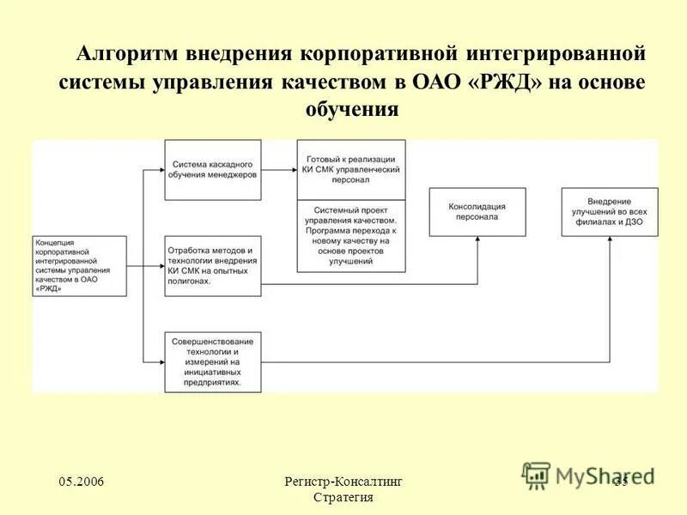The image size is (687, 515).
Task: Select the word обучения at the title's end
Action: [x=352, y=110]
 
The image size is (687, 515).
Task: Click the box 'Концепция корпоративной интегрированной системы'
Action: [x=79, y=266]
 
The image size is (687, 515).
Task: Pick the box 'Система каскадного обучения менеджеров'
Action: [x=213, y=169]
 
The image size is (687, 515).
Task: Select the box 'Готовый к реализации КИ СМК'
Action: [x=351, y=169]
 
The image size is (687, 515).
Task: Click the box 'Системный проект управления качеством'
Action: [x=351, y=236]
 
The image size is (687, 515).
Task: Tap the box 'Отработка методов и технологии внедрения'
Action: [x=213, y=265]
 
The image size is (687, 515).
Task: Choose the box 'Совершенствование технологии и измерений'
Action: [x=213, y=361]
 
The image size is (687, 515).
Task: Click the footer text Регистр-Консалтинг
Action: [x=343, y=482]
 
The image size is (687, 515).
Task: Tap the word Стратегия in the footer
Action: [x=343, y=499]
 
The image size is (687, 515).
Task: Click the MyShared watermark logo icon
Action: [x=536, y=475]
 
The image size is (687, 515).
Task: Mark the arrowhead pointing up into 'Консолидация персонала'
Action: [x=477, y=243]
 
